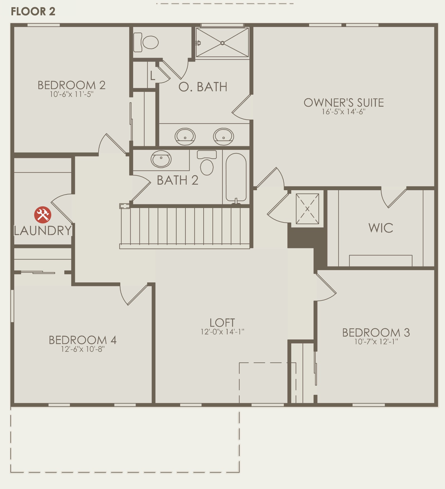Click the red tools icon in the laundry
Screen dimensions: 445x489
coord(43,215)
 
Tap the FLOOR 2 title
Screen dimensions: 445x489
coord(33,11)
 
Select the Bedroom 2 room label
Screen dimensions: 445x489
coord(72,85)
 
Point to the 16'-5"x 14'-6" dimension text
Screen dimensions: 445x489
coord(344,112)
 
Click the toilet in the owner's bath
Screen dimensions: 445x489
coord(146,42)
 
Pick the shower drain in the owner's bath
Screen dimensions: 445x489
coord(222,43)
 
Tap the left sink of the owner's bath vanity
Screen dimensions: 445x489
coord(185,136)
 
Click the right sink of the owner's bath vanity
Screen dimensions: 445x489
coord(223,136)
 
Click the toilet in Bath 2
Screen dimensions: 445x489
coord(207,163)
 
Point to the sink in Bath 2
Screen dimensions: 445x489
coord(161,159)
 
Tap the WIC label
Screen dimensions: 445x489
coord(381,228)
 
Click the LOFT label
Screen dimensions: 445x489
coord(222,323)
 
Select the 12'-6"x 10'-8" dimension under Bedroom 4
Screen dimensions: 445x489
coord(83,349)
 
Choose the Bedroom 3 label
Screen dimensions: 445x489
coord(376,332)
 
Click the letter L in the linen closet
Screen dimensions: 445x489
coord(152,75)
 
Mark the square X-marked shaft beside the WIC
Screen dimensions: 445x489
coord(307,209)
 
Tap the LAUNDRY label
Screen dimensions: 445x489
coord(43,231)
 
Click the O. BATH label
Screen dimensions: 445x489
coord(203,87)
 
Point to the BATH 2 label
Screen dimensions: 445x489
coord(177,180)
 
